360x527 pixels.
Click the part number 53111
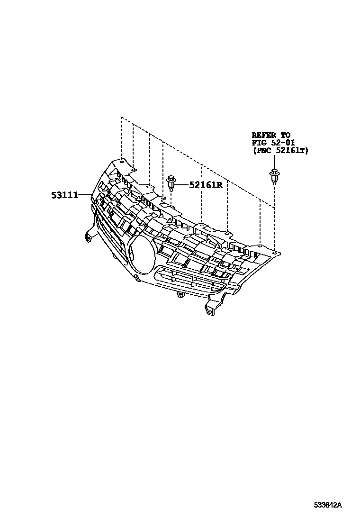click(x=64, y=195)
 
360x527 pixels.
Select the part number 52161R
click(x=206, y=185)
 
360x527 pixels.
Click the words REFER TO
click(x=271, y=135)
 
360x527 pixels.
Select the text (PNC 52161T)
click(x=279, y=150)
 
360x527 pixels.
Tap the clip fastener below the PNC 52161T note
click(x=273, y=179)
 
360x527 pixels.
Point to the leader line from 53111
click(x=85, y=195)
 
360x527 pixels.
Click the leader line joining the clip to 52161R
click(x=183, y=184)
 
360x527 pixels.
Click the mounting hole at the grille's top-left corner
click(x=122, y=161)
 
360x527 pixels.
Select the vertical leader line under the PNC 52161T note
click(x=274, y=218)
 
